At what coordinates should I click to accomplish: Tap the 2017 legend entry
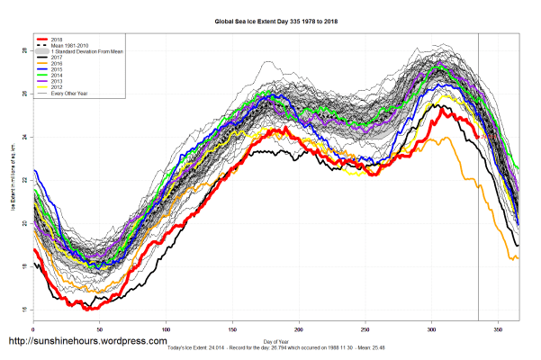pos(58,58)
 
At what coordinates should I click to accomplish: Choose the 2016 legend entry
pos(58,63)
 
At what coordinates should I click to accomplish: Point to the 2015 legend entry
pos(58,68)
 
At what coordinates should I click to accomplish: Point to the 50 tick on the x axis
pos(99,331)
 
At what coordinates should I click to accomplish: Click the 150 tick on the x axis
pos(232,331)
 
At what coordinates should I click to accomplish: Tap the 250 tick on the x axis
pos(365,331)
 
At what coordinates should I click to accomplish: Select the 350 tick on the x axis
pos(498,331)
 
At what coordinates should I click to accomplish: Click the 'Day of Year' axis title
pos(275,340)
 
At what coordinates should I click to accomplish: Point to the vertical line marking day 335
pos(478,180)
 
